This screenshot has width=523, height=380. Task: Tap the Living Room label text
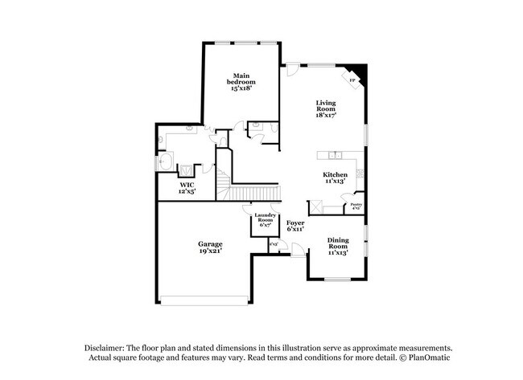[x=326, y=108]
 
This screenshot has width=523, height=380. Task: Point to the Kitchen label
[x=335, y=178]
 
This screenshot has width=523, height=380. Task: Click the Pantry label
[x=356, y=206]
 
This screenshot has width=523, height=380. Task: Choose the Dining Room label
[x=338, y=246]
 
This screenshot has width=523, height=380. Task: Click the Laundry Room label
[x=266, y=219]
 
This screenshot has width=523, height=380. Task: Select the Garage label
[x=211, y=246]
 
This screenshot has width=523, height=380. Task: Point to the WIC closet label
[x=187, y=188]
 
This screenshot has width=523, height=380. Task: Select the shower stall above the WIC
[x=185, y=170]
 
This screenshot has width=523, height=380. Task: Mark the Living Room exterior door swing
[x=293, y=71]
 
